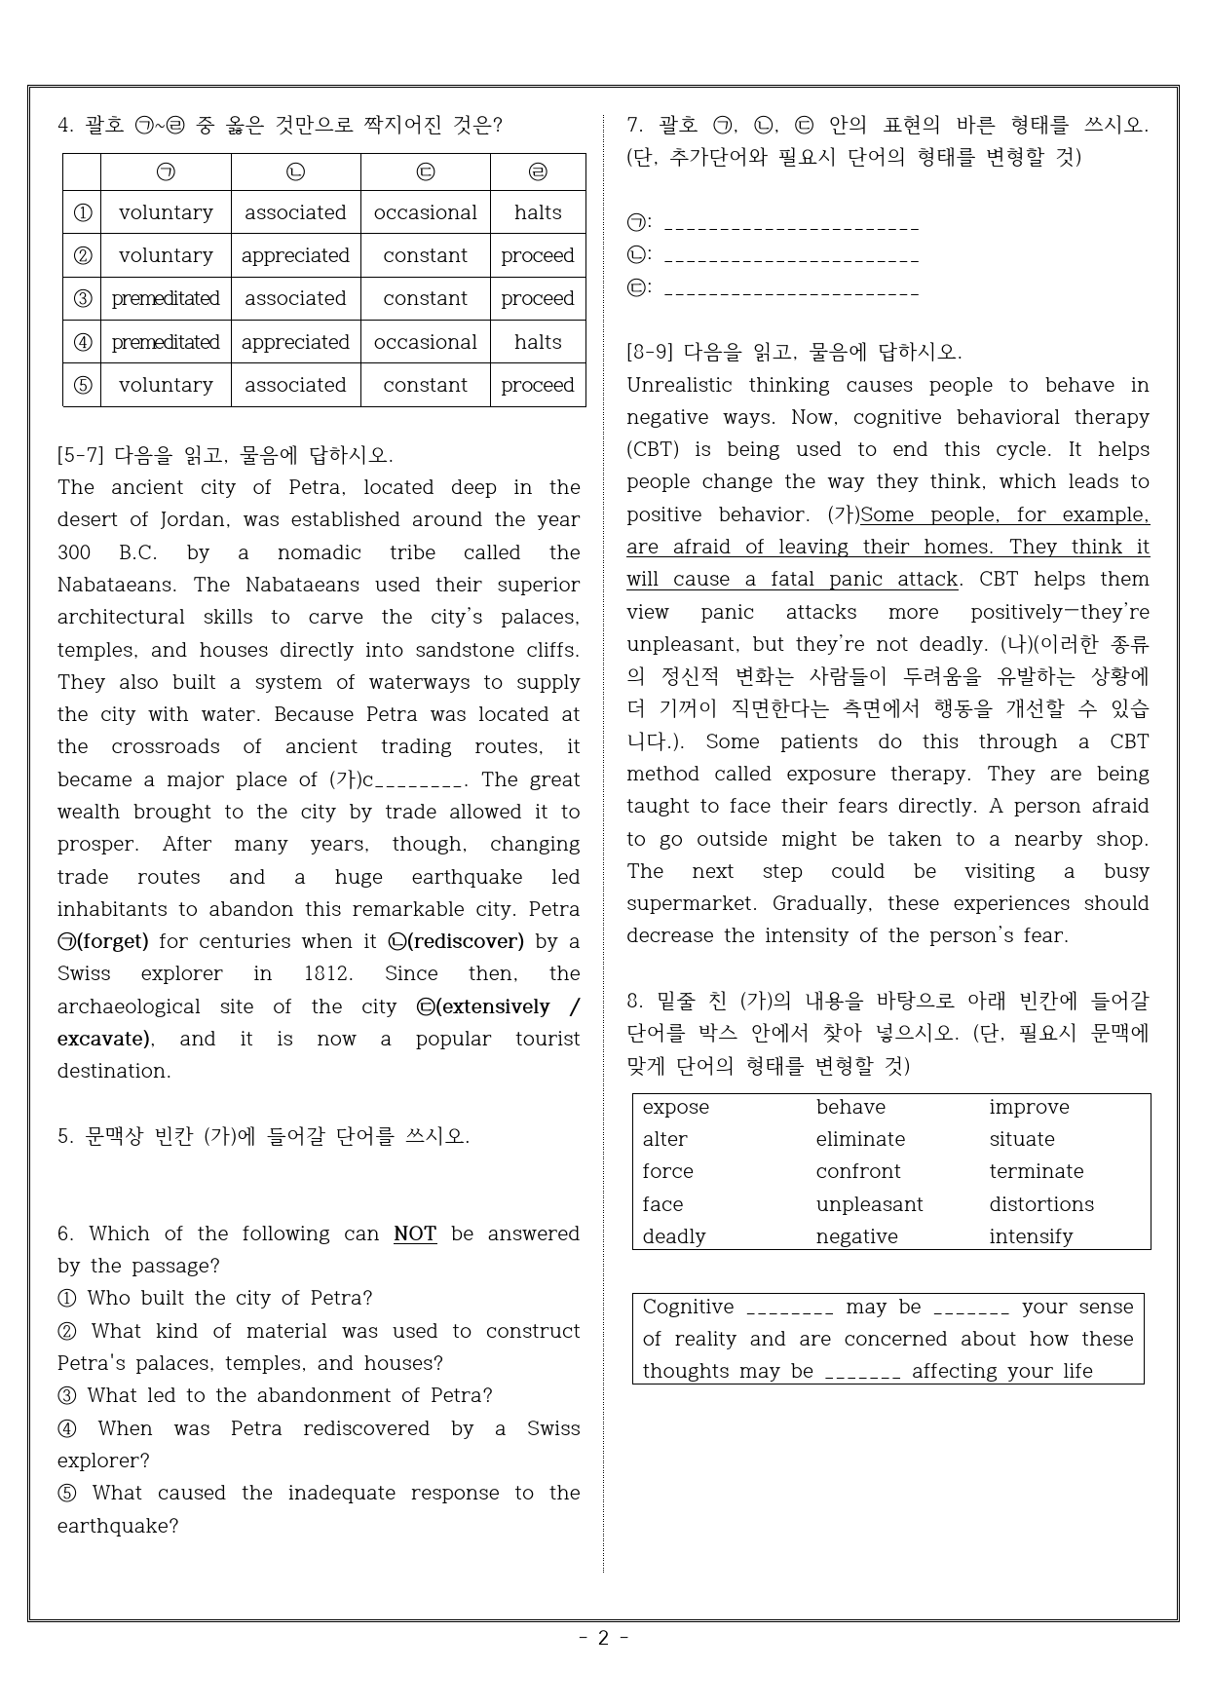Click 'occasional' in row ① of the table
pos(425,212)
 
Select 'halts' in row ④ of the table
pos(538,342)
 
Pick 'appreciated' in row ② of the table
pos(295,255)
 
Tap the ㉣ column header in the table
pos(538,172)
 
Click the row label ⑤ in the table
pos(83,385)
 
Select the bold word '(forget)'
pos(113,941)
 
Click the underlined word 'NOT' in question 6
pos(415,1233)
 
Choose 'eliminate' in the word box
pos(860,1139)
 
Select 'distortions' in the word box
pos(1041,1204)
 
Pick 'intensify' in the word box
pos(1031,1236)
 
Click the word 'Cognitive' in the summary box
pos(688,1307)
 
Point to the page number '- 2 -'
pos(603,1638)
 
